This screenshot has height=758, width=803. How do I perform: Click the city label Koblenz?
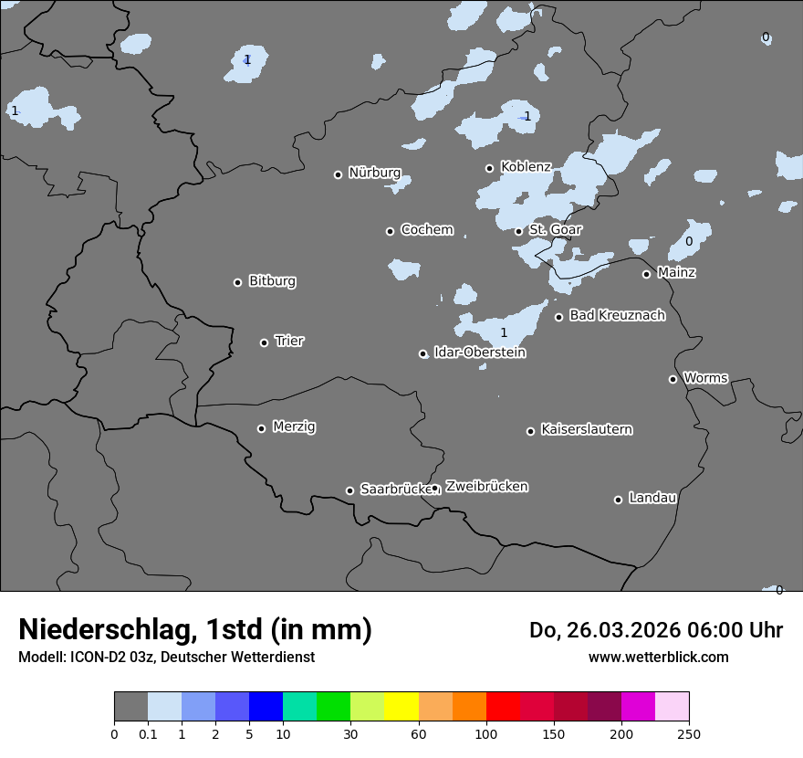(x=526, y=167)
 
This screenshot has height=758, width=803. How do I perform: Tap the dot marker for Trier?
(x=265, y=342)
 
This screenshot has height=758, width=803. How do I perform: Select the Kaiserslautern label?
(x=586, y=429)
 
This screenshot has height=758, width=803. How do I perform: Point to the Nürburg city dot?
(x=338, y=174)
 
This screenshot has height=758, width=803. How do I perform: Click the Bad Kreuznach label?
(x=617, y=315)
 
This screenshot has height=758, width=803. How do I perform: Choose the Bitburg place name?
(x=272, y=281)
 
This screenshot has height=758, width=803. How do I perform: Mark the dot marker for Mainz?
(x=646, y=274)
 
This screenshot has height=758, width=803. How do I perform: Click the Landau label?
(x=652, y=498)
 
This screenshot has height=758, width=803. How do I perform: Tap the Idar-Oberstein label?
(x=479, y=353)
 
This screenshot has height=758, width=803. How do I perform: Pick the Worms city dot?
(x=673, y=379)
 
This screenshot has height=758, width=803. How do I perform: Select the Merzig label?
(x=294, y=426)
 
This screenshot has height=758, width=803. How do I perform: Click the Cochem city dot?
(x=390, y=231)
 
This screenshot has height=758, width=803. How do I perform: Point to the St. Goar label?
(x=555, y=229)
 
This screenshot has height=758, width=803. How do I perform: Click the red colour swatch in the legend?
(x=503, y=707)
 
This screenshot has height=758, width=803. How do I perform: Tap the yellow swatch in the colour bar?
(x=401, y=707)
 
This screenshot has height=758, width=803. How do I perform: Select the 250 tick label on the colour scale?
(x=688, y=733)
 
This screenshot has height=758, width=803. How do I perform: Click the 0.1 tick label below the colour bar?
(x=148, y=733)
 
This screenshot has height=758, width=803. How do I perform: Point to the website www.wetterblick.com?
(x=658, y=657)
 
